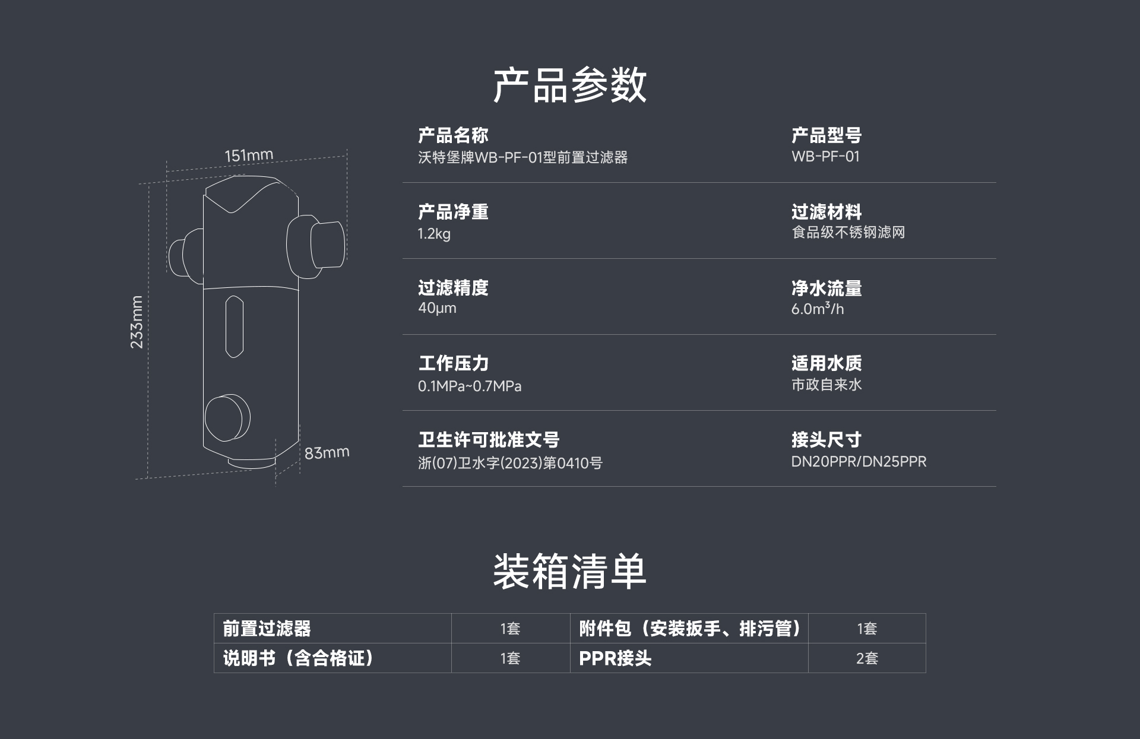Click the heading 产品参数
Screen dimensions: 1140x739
click(569, 85)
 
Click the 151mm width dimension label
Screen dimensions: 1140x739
click(249, 156)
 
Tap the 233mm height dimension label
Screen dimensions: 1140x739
click(137, 322)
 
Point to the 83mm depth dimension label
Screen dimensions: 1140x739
click(327, 452)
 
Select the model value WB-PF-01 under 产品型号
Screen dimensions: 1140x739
click(825, 157)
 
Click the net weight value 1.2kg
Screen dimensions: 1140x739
click(434, 233)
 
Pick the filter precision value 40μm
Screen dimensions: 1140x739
click(437, 308)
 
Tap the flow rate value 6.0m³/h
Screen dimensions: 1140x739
click(817, 309)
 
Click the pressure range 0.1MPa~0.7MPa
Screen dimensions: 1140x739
click(470, 386)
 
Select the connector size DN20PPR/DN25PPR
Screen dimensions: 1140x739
click(859, 462)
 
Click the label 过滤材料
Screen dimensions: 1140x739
click(826, 211)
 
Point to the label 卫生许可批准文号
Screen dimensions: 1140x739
click(489, 440)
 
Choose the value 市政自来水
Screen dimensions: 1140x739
click(826, 385)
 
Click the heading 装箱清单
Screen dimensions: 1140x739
click(569, 572)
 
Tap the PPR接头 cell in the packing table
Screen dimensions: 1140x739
click(615, 658)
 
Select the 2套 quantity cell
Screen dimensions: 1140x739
click(867, 658)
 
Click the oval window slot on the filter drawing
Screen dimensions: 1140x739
click(235, 326)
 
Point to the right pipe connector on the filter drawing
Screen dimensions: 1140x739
click(316, 246)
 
